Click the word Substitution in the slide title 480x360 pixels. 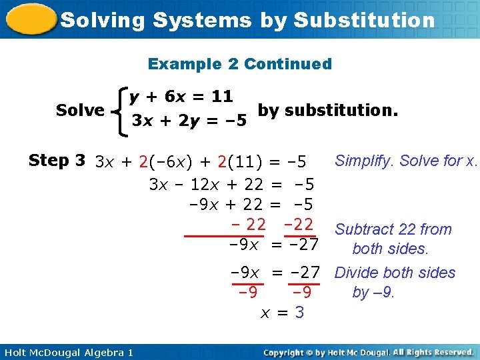pyautogui.click(x=363, y=20)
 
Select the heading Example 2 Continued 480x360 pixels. pyautogui.click(x=239, y=64)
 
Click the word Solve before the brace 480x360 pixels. pyautogui.click(x=80, y=110)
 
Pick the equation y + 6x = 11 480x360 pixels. pyautogui.click(x=181, y=97)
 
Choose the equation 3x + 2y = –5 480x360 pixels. pyautogui.click(x=189, y=121)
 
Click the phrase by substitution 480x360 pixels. pyautogui.click(x=327, y=109)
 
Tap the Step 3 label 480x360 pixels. pyautogui.click(x=57, y=161)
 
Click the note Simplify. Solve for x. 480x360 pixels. pyautogui.click(x=406, y=161)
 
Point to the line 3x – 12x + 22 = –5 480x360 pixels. pyautogui.click(x=231, y=184)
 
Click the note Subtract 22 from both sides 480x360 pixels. pyautogui.click(x=393, y=239)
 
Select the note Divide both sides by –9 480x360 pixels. pyautogui.click(x=395, y=282)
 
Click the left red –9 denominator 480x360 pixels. pyautogui.click(x=249, y=293)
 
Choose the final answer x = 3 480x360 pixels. pyautogui.click(x=282, y=312)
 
